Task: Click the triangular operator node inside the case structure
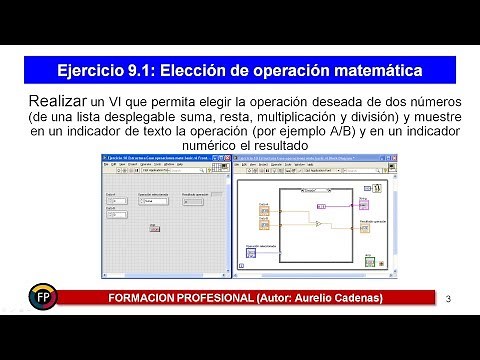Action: (x=317, y=224)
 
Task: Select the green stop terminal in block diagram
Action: (x=369, y=261)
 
